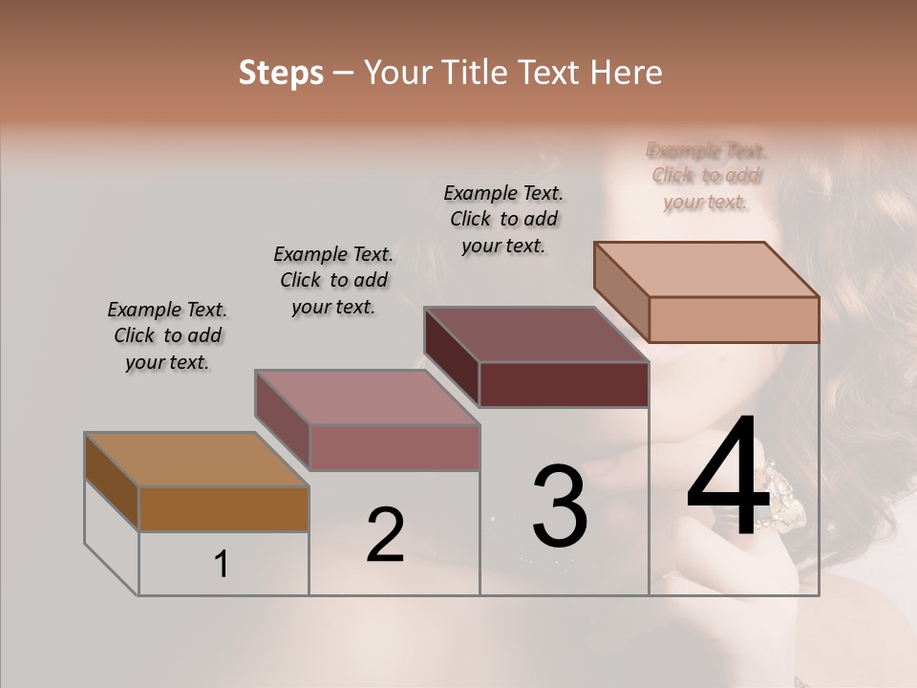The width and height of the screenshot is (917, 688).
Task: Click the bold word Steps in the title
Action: tap(281, 73)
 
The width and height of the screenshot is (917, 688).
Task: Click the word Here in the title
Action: tap(629, 73)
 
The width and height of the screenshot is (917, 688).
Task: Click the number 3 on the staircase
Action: tap(560, 506)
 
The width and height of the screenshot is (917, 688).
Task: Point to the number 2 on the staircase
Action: tap(385, 535)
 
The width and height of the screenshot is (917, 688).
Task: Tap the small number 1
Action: tap(221, 565)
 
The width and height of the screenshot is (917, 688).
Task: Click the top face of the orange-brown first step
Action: tap(196, 460)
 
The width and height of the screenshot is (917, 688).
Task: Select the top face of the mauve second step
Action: tap(366, 397)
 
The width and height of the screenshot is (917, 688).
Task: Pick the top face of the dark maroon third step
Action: tap(536, 334)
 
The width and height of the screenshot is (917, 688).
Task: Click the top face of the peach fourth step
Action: tap(706, 269)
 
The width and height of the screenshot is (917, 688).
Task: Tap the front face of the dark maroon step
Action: tap(564, 385)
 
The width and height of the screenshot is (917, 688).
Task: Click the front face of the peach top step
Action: tap(734, 319)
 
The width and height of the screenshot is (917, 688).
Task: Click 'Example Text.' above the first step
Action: tap(167, 310)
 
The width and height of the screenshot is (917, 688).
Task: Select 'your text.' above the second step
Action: tap(332, 308)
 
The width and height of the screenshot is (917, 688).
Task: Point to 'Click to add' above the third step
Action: tap(504, 219)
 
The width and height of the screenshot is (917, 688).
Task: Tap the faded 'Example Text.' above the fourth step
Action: tap(707, 150)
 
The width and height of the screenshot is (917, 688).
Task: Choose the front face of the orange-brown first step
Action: tap(224, 508)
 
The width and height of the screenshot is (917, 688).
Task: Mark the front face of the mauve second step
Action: tap(394, 447)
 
